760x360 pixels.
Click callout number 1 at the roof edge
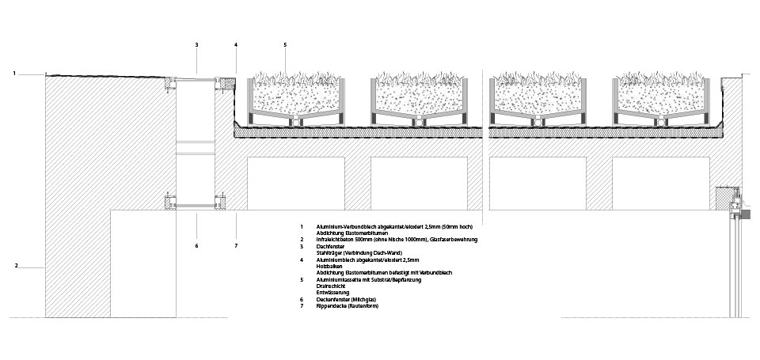[14, 74]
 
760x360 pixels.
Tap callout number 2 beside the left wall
[16, 266]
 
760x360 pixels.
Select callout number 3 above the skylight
[196, 45]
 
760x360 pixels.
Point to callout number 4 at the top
[236, 45]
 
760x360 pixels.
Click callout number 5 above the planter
[285, 45]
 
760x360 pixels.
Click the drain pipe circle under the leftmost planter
[296, 122]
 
